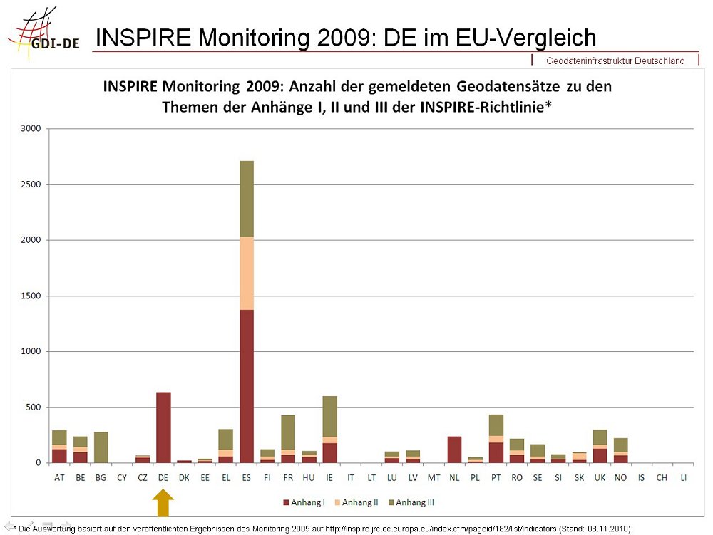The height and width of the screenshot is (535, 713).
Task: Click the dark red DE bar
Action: coord(163,427)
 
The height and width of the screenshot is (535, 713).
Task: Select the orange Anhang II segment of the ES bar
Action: coord(247,274)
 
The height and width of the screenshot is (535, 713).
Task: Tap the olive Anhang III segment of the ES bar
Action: coord(247,199)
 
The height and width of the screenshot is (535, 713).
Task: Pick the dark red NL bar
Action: coord(454,450)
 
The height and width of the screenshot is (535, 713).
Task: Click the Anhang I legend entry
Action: coord(304,502)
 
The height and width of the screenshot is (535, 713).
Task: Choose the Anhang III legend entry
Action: coord(415,502)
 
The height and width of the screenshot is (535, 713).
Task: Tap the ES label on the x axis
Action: coord(247,477)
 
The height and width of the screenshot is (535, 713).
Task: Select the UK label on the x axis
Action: coord(600,477)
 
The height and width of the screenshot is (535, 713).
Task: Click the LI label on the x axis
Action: coord(683,477)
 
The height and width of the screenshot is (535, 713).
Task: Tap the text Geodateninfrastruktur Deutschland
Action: coord(615,61)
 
